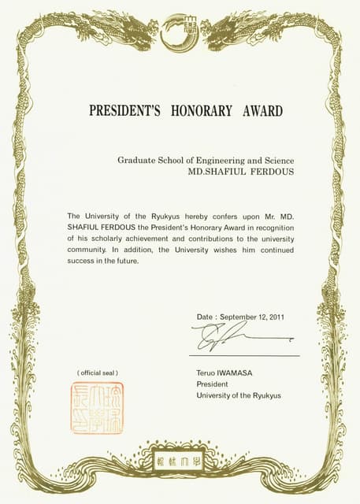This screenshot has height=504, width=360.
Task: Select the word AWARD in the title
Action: pos(260,111)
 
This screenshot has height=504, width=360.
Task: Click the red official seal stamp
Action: pos(97,408)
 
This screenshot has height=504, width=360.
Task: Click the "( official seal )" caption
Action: pos(97,372)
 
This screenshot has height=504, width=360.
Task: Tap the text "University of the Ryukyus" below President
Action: pos(238,395)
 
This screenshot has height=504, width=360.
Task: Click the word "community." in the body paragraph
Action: pos(88,250)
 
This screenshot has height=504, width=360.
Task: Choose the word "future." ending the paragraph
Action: pos(125,261)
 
